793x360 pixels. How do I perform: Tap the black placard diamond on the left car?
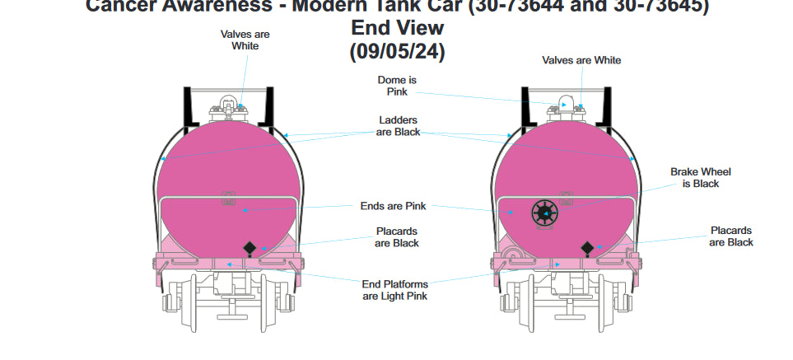coord(249,248)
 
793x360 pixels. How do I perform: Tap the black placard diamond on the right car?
coord(587,248)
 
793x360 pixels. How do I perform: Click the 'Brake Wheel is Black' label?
coord(700,177)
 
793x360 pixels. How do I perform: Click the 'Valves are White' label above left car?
coord(245,40)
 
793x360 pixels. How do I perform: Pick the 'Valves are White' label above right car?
coord(581,60)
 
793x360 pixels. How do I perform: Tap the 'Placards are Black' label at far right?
coord(731,236)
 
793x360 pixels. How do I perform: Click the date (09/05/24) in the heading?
coord(398,51)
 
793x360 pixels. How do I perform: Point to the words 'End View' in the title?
coord(398,27)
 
